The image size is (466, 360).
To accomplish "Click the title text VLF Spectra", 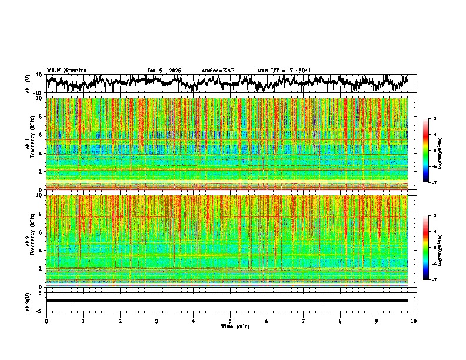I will pyautogui.click(x=66, y=70).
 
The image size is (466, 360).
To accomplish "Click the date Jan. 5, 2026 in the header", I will pyautogui.click(x=164, y=71).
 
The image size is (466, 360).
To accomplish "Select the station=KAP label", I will pyautogui.click(x=218, y=71).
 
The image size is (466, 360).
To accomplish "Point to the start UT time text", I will pyautogui.click(x=284, y=71).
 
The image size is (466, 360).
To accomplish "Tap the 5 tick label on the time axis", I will pyautogui.click(x=230, y=321).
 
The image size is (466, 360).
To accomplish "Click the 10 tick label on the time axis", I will pyautogui.click(x=414, y=321).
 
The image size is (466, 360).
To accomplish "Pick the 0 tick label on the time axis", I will pyautogui.click(x=46, y=321).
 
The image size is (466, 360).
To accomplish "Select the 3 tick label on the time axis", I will pyautogui.click(x=157, y=321).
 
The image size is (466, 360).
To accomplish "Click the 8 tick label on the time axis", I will pyautogui.click(x=340, y=321).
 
